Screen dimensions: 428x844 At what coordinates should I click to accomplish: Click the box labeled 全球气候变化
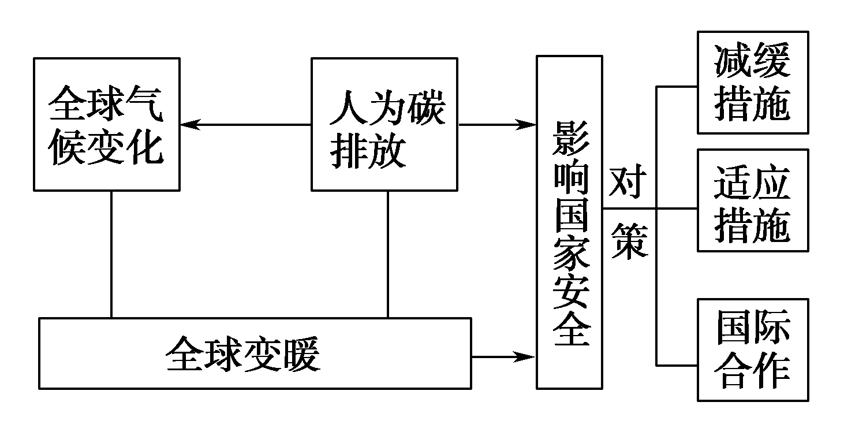[x=106, y=124]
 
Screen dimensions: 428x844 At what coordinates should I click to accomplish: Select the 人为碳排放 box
[x=384, y=124]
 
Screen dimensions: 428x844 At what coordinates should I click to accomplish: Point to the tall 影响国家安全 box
[x=570, y=222]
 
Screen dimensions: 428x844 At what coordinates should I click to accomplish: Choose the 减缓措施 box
[x=752, y=82]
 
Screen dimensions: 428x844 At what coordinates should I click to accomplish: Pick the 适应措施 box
[x=752, y=200]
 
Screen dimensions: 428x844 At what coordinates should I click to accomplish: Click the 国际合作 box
[x=752, y=349]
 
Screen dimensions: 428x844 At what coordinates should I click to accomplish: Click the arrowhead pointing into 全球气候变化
[x=188, y=124]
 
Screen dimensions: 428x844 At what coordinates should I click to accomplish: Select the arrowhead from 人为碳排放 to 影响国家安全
[x=528, y=124]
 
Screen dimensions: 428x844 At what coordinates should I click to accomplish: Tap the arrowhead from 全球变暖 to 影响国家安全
[x=528, y=356]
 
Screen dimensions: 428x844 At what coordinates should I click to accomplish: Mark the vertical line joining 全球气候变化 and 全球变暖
[x=111, y=254]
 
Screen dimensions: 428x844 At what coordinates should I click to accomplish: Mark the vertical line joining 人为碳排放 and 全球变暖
[x=387, y=254]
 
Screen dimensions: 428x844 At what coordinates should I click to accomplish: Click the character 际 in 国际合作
[x=771, y=328]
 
